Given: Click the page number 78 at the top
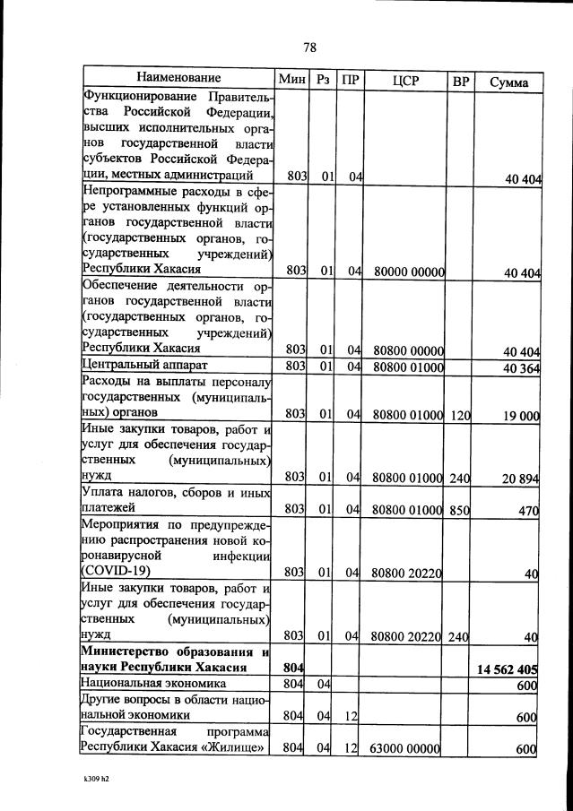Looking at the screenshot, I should coord(309,47).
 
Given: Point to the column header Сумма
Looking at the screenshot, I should coord(508,82).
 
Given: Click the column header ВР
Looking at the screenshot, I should coord(461,81).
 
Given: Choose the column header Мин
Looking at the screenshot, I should coord(292,80).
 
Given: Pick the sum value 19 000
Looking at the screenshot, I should coord(521,414).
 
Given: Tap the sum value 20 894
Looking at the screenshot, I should coord(520,479).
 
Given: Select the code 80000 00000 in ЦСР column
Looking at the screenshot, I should coord(409,270).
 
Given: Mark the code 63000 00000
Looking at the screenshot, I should coord(408,748).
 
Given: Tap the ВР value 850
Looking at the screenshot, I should coord(461,510).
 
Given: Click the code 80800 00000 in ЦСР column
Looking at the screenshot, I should coord(409,349).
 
